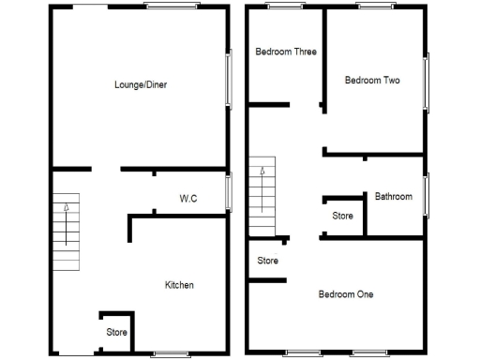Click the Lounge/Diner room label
(141, 84)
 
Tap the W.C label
(188, 198)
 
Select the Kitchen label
(179, 284)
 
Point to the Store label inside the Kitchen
(116, 332)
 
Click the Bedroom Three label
(286, 52)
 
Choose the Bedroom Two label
(372, 81)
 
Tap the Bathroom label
(394, 197)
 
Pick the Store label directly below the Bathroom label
(343, 216)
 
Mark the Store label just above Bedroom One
(268, 261)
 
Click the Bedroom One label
(346, 294)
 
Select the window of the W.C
(229, 192)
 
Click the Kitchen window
(171, 353)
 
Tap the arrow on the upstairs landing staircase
(263, 172)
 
